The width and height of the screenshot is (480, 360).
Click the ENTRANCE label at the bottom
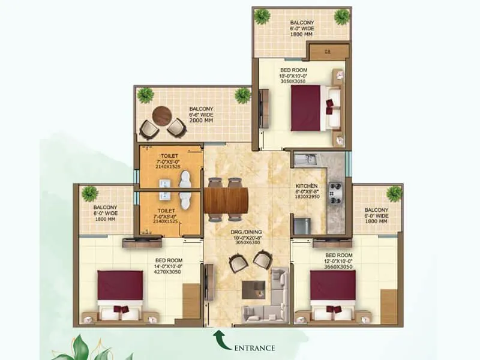[x=255, y=347]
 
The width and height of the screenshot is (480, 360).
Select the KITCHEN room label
[x=306, y=186]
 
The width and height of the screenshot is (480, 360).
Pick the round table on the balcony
[x=162, y=116]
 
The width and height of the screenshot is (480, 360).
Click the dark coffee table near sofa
[x=254, y=289]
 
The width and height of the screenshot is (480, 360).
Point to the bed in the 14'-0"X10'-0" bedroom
[x=120, y=293]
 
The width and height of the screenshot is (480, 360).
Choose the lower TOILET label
[x=166, y=211]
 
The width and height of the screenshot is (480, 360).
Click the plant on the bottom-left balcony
[x=90, y=194]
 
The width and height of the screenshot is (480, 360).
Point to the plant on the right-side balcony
[x=394, y=193]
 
